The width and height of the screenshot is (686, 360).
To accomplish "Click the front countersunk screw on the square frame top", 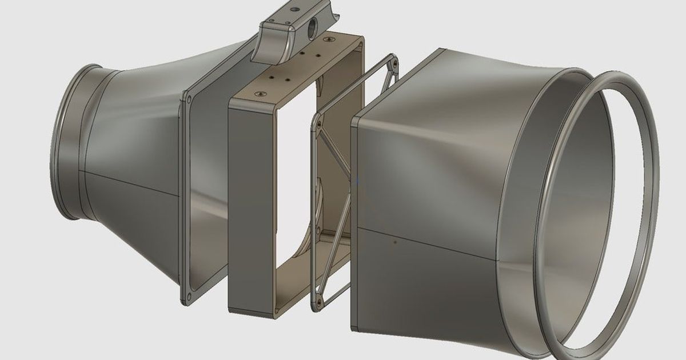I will (261, 92).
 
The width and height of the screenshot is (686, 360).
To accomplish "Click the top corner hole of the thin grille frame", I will (394, 57).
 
